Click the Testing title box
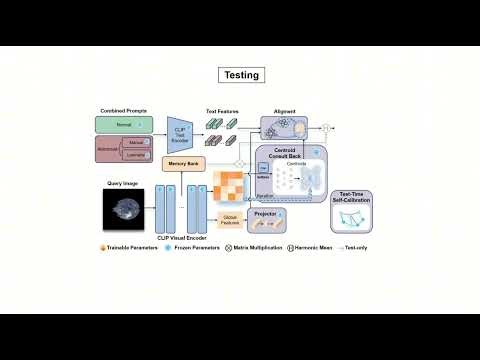240,75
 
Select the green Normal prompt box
124,125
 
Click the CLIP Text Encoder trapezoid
180,135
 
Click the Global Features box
229,219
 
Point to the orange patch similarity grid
233,188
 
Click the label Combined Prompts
124,110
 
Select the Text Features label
221,111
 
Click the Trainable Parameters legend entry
133,247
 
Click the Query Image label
121,182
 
